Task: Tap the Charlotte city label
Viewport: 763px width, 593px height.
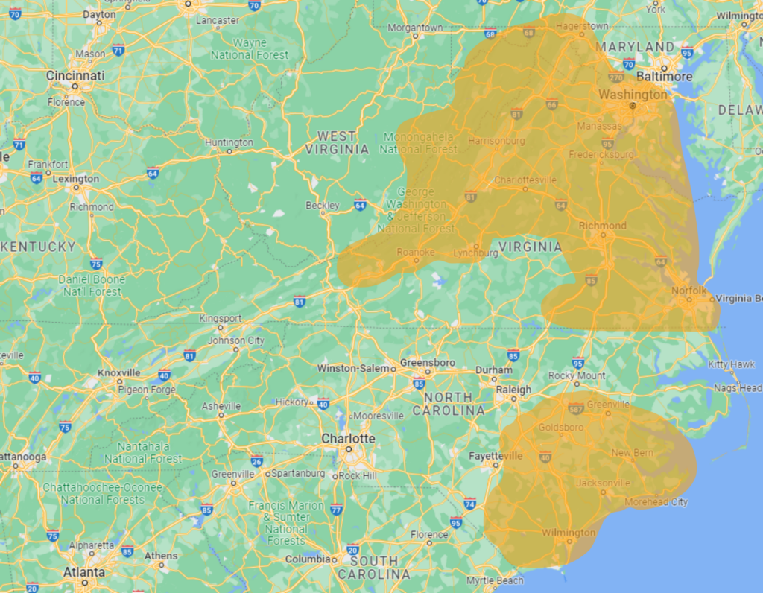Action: [x=348, y=438]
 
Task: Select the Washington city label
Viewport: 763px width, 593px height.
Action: [x=633, y=95]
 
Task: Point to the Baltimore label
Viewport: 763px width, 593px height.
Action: [x=665, y=76]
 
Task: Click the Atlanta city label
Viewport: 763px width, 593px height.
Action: [x=83, y=571]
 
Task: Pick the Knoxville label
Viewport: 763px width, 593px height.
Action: [x=119, y=372]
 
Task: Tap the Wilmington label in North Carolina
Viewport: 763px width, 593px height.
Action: [x=569, y=533]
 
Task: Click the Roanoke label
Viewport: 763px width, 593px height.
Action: [x=415, y=252]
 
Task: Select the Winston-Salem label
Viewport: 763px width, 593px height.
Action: [x=353, y=368]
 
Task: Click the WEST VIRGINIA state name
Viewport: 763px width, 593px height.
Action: [x=336, y=142]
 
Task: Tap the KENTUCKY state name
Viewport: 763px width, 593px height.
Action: [x=39, y=246]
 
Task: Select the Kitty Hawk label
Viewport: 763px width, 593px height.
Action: [x=731, y=364]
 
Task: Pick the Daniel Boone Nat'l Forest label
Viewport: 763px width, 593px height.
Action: [x=91, y=285]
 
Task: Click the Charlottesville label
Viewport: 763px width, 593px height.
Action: [x=525, y=180]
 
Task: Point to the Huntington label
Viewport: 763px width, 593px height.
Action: [x=229, y=142]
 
